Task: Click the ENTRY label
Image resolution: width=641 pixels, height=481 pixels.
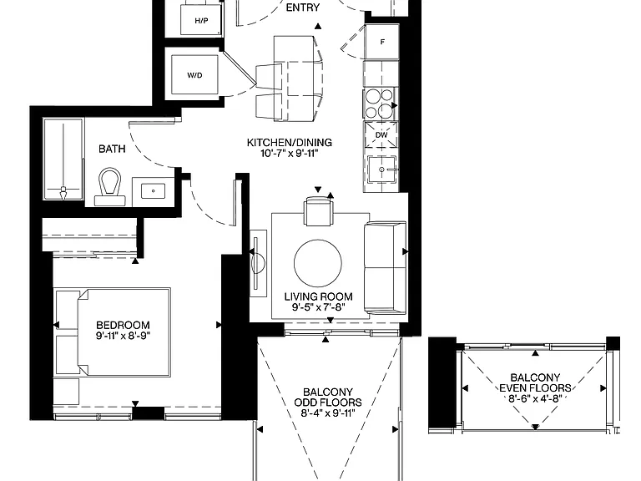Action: coord(302,8)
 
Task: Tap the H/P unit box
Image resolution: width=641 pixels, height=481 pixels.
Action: coord(201,19)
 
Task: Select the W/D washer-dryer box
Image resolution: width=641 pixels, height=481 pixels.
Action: coord(194,75)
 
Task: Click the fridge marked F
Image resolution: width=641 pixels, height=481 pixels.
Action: coord(381,42)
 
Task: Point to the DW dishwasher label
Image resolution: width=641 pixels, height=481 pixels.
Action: coord(381,135)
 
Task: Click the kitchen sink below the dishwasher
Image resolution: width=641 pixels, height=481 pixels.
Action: coord(381,170)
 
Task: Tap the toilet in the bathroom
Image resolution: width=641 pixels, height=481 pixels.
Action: coord(109,186)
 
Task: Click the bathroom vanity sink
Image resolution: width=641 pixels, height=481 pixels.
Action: coord(154,191)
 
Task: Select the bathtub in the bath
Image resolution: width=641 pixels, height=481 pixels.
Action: coord(63,159)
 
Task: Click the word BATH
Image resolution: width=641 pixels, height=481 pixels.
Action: coord(112,149)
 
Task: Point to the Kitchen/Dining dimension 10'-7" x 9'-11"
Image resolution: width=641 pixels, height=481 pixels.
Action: coord(289,154)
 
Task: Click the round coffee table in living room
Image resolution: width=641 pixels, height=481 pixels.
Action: coord(318,263)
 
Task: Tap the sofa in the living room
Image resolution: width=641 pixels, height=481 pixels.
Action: coord(385,268)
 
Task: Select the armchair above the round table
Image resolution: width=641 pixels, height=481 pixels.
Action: coord(318,211)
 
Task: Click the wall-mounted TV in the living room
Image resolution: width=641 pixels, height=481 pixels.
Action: coord(258,263)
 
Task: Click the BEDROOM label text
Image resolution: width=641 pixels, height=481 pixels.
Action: coord(123,325)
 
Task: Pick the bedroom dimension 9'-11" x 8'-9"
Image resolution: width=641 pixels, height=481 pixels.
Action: coord(123,336)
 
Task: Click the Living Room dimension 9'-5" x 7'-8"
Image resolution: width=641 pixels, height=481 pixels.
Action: coord(319,307)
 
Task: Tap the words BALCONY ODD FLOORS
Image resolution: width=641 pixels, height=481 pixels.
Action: coord(328,397)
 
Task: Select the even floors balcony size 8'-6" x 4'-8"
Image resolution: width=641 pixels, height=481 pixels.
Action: coord(535,398)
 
